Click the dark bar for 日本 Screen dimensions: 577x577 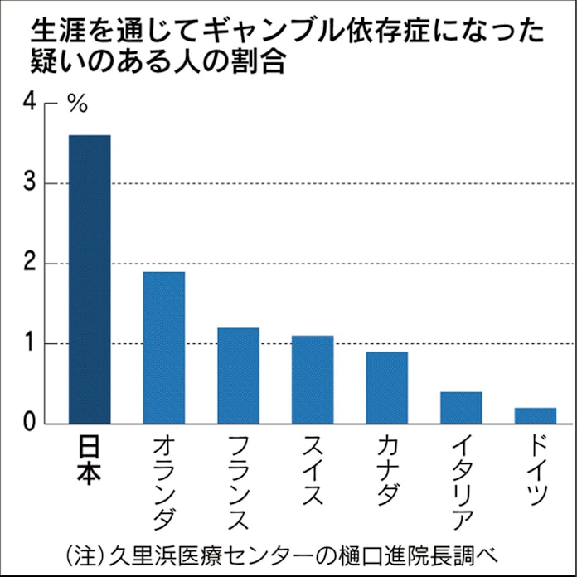[x=90, y=279]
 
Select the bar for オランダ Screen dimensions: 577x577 [x=164, y=348]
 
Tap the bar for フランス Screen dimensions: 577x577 [x=238, y=376]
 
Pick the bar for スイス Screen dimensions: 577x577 [x=313, y=380]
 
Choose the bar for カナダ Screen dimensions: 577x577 [x=387, y=388]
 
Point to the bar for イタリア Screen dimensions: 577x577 [x=461, y=408]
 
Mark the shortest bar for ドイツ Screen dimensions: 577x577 [x=536, y=415]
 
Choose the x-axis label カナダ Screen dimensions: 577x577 [x=387, y=473]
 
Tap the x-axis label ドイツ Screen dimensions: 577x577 [x=536, y=473]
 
